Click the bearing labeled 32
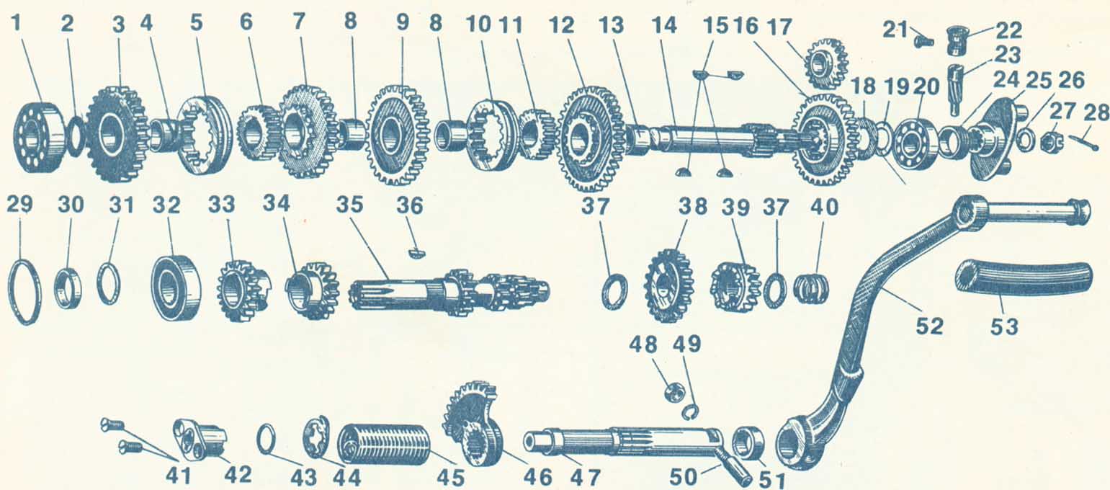(176, 287)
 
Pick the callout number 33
(221, 205)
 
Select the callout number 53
(1004, 326)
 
